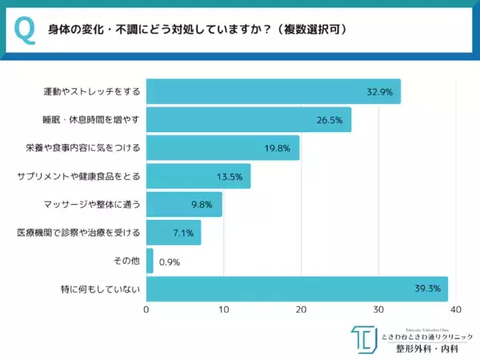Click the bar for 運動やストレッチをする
click(272, 91)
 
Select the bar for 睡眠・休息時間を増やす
click(248, 120)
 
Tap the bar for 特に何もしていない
click(296, 289)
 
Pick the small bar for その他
click(150, 261)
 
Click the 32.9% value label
click(379, 92)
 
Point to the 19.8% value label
click(278, 148)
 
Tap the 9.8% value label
click(202, 205)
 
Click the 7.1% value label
click(181, 233)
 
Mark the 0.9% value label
click(170, 262)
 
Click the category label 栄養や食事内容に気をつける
click(82, 148)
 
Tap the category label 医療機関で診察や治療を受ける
click(78, 233)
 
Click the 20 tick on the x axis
click(301, 309)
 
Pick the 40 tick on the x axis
click(455, 309)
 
